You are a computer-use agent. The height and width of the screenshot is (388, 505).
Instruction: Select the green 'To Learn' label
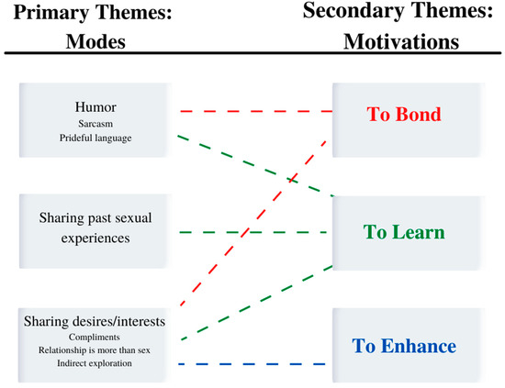[404, 232]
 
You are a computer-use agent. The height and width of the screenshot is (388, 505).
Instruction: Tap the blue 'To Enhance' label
[405, 346]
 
